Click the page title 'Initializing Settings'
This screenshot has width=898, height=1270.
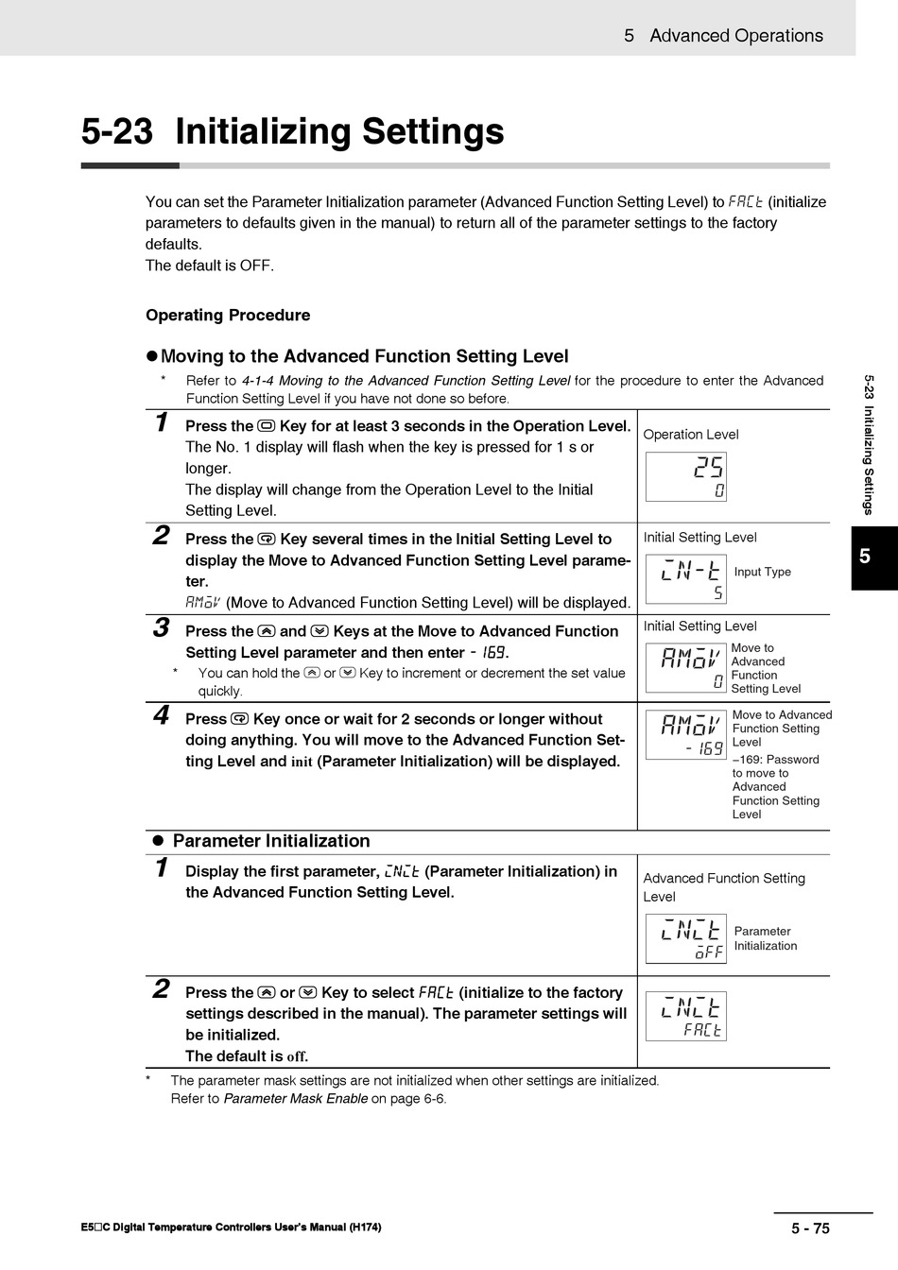339,131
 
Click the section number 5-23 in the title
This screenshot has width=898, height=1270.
116,131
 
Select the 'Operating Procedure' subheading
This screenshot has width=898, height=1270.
228,315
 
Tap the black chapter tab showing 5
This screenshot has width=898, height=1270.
865,557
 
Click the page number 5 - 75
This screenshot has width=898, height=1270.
810,1227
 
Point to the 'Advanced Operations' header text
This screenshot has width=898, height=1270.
735,36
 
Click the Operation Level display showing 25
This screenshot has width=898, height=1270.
686,477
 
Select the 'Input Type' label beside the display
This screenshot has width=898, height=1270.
762,572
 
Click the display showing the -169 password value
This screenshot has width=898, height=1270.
686,735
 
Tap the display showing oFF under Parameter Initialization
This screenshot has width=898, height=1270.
686,939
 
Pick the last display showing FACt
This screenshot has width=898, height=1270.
686,1017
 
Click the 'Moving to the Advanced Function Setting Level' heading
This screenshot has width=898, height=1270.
364,356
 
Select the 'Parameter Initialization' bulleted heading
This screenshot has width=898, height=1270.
271,841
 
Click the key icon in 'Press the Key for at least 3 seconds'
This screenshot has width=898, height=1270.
267,426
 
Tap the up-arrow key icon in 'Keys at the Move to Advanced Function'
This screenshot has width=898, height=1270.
267,631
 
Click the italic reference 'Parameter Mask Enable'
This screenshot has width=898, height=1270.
295,1099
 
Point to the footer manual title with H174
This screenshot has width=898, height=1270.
232,1227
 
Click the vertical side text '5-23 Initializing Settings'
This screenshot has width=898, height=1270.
869,444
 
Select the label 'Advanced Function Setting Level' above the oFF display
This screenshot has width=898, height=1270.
724,887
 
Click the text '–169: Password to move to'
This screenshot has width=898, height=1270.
775,766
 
